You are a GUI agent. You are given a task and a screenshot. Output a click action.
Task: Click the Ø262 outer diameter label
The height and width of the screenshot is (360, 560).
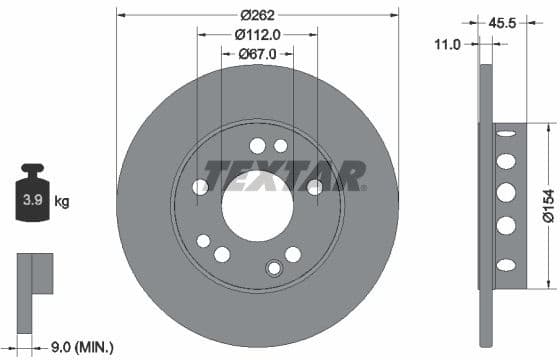pyautogui.click(x=257, y=14)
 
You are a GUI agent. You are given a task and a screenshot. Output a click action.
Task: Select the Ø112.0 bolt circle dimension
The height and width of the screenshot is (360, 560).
pyautogui.click(x=257, y=34)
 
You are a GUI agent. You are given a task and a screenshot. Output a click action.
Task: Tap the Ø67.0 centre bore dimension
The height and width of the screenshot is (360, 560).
pyautogui.click(x=257, y=54)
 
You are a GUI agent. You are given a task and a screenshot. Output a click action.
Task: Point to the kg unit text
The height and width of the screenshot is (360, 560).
pyautogui.click(x=62, y=203)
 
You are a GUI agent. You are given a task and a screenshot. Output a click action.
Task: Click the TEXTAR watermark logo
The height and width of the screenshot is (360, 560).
pyautogui.click(x=285, y=175)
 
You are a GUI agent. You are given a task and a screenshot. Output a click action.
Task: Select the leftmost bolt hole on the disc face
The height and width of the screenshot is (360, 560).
pyautogui.click(x=200, y=187)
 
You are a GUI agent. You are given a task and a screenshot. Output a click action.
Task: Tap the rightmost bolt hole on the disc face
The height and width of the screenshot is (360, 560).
pyautogui.click(x=314, y=187)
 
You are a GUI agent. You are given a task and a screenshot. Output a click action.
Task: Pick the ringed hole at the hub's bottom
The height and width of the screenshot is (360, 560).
pyautogui.click(x=274, y=268)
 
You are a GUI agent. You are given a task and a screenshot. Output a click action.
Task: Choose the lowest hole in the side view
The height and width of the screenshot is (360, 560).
pyautogui.click(x=506, y=265)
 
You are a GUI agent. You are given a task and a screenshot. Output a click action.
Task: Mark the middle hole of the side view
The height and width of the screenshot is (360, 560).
pyautogui.click(x=506, y=192)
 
